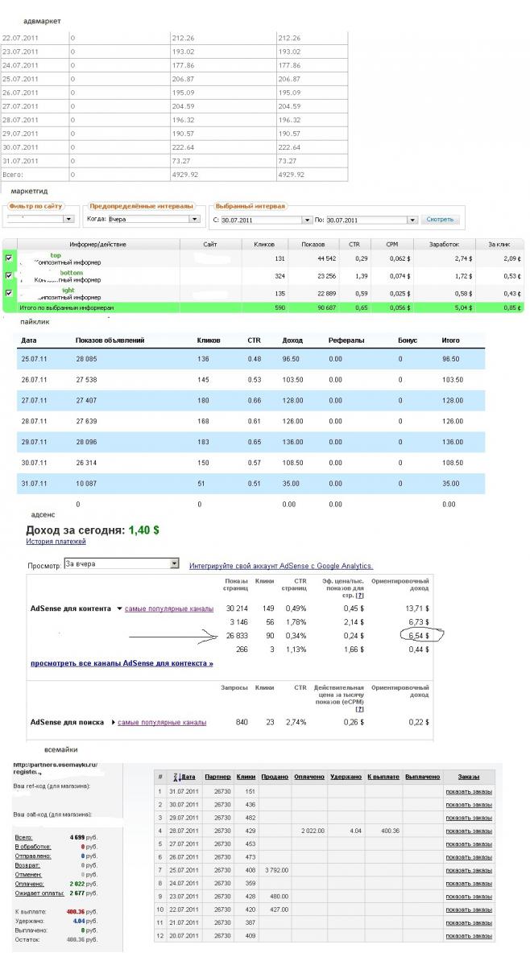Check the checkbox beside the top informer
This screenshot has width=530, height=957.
[x=9, y=258]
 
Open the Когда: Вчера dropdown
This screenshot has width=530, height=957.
[x=143, y=219]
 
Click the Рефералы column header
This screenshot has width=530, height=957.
[x=346, y=341]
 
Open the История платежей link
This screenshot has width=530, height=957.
[x=56, y=542]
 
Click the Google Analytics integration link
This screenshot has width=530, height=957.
[x=281, y=566]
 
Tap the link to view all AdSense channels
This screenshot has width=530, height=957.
[x=122, y=664]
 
